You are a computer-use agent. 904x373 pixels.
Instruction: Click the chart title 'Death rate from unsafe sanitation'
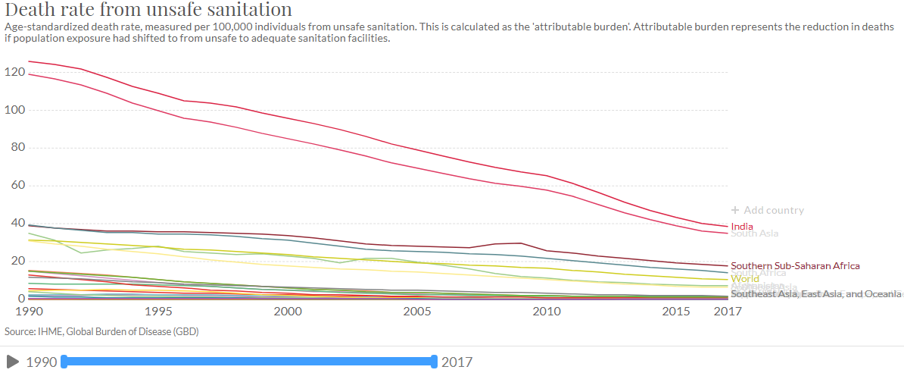point(148,11)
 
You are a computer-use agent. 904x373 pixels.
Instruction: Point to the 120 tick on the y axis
point(15,73)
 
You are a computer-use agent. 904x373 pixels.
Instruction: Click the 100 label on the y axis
point(15,111)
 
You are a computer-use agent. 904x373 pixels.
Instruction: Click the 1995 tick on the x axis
point(157,312)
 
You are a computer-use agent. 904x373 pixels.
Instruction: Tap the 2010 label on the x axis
point(547,312)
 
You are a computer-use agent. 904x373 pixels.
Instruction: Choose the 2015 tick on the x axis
point(676,312)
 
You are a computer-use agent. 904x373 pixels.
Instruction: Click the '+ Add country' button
point(767,210)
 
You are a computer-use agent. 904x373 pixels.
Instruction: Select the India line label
point(743,226)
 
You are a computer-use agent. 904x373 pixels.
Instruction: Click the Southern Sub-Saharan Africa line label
point(795,266)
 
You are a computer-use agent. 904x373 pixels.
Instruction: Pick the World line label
point(745,279)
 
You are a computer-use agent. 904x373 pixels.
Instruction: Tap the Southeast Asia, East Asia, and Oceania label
point(816,293)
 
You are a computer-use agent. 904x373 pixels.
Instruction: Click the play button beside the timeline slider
point(12,362)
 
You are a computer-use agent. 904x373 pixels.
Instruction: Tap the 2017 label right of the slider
point(457,362)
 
